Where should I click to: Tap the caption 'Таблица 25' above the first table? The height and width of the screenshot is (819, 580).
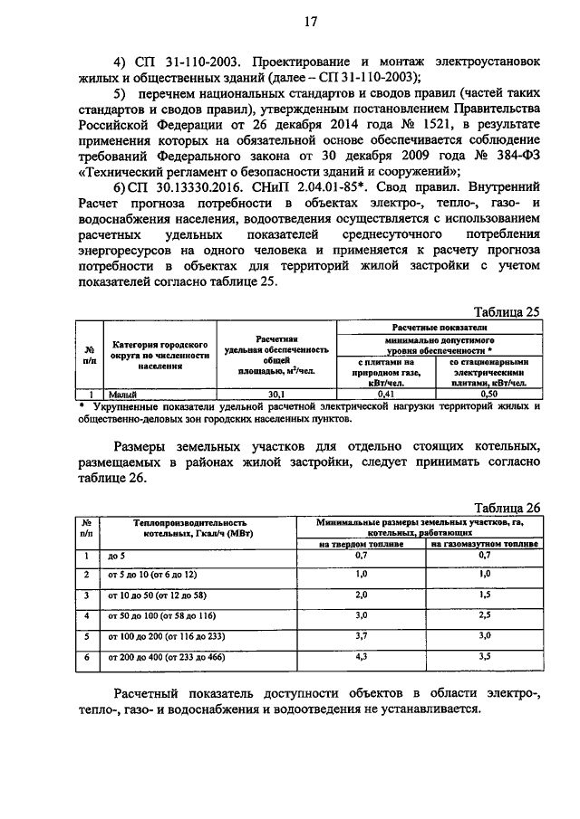[x=507, y=311]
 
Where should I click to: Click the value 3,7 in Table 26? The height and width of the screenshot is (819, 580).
[x=360, y=636]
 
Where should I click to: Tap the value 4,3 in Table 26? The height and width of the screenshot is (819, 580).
[x=360, y=656]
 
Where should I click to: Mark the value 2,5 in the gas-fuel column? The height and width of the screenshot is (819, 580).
[x=484, y=615]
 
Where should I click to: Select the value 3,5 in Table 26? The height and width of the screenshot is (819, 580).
[x=484, y=656]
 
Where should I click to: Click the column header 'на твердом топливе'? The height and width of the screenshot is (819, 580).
[x=360, y=544]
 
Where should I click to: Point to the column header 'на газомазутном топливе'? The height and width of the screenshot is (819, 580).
[x=484, y=544]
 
